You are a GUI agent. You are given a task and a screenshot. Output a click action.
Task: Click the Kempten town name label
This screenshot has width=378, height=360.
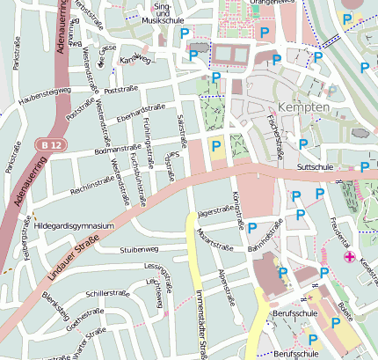pos(302,106)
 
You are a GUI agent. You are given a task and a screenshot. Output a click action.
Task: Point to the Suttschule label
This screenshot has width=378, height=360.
pos(316,165)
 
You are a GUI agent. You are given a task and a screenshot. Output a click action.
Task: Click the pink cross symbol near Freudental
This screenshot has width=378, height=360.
pos(350,257)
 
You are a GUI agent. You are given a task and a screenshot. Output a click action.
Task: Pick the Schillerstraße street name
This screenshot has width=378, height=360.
pos(107,292)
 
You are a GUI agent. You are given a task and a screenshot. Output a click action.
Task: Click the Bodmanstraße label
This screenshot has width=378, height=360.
pos(114,151)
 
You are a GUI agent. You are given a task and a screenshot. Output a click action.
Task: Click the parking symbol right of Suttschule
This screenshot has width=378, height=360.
pos(365,166)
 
